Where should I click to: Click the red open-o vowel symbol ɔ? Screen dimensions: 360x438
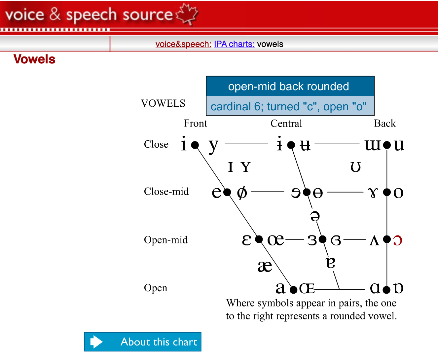pyautogui.click(x=397, y=240)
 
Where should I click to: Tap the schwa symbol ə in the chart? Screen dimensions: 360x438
pyautogui.click(x=315, y=216)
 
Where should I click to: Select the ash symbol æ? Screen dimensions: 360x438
pyautogui.click(x=265, y=266)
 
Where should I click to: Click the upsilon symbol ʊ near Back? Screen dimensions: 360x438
pyautogui.click(x=355, y=167)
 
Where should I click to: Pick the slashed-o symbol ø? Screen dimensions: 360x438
pyautogui.click(x=242, y=192)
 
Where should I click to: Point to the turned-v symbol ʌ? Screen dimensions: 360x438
pyautogui.click(x=374, y=240)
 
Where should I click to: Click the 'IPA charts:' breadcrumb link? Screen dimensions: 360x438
pyautogui.click(x=234, y=44)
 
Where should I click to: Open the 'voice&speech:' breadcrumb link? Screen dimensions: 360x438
pyautogui.click(x=183, y=44)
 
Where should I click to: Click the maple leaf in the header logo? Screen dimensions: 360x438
pyautogui.click(x=187, y=14)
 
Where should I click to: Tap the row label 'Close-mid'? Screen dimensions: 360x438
pyautogui.click(x=166, y=192)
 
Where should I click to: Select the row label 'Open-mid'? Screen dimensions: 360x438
pyautogui.click(x=165, y=240)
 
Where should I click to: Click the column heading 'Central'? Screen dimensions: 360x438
pyautogui.click(x=286, y=124)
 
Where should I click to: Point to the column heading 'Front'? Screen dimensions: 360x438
pyautogui.click(x=195, y=124)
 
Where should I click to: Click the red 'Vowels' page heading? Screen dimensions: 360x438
pyautogui.click(x=34, y=59)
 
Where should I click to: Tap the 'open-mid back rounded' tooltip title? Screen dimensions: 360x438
pyautogui.click(x=288, y=87)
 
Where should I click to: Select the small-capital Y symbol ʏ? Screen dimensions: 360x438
pyautogui.click(x=245, y=167)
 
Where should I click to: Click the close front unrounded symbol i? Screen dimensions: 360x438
pyautogui.click(x=184, y=144)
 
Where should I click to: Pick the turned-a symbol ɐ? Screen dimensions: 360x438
pyautogui.click(x=330, y=263)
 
